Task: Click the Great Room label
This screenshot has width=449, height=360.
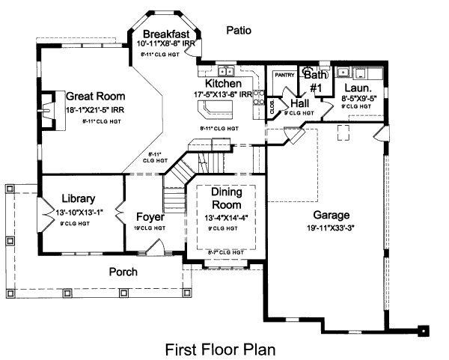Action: click(95, 97)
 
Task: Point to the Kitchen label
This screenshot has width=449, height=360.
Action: click(223, 84)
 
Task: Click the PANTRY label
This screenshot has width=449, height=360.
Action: click(284, 75)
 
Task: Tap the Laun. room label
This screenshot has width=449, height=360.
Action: click(355, 87)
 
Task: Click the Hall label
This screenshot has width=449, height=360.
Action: click(300, 103)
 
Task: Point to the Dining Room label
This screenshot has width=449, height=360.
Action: click(225, 198)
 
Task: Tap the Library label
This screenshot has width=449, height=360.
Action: click(79, 199)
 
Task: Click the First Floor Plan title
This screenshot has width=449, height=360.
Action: click(220, 349)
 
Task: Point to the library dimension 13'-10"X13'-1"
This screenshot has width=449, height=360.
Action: click(79, 212)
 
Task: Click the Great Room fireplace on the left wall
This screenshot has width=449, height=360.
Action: click(48, 104)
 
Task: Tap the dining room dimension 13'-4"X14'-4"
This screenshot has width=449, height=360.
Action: click(225, 218)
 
